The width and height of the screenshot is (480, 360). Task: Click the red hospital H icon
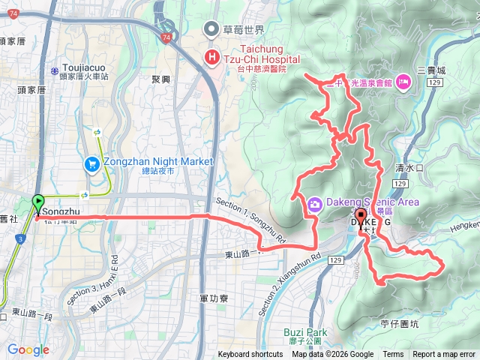[x=212, y=57]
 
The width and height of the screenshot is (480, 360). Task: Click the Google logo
[x=28, y=349]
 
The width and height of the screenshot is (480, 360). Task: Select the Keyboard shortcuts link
[x=250, y=355]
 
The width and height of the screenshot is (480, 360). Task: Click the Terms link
[x=393, y=355]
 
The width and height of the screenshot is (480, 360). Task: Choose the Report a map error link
[x=444, y=355]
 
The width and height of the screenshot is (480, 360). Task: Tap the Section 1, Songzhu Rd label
[x=250, y=220]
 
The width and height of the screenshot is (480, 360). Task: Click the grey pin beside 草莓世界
[x=212, y=29]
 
